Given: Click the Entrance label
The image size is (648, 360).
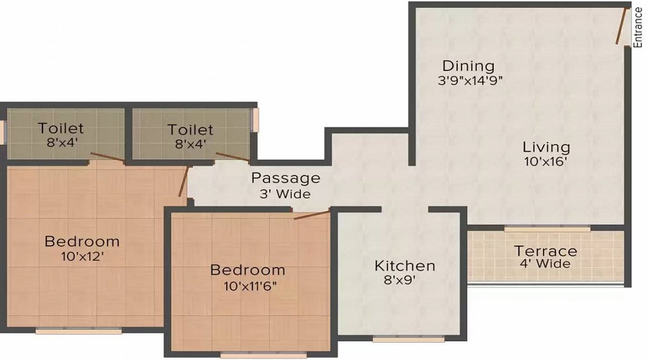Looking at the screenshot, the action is point(639,27).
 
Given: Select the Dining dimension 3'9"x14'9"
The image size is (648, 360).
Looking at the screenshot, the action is point(470,80).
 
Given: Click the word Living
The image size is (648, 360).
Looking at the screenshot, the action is point(546,147).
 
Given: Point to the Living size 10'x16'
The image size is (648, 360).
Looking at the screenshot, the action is point(546,161).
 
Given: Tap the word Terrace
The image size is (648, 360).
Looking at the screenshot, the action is point(546,251).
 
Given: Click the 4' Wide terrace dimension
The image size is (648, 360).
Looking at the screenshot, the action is point(545,264).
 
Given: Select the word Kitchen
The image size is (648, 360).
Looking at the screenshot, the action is point(405,266).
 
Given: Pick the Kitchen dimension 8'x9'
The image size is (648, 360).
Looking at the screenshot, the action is point(400,280).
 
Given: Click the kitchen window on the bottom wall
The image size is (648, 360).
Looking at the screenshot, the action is point(408,339).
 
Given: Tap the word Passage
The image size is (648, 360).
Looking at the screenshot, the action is point(286,179).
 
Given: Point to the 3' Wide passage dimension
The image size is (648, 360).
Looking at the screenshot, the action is point(285,194).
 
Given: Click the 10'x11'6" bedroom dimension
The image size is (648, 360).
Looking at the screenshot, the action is point(251,286).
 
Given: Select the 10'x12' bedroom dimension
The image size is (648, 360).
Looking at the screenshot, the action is point(82,256).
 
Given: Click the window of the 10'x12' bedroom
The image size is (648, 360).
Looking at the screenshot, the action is point(78,330).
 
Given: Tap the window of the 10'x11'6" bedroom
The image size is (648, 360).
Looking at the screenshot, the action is point(264,355).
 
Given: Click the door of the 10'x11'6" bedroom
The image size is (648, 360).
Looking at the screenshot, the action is point(312,215).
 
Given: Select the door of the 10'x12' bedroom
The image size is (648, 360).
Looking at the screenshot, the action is point(184,181).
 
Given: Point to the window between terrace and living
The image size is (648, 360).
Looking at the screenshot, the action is point(547,228).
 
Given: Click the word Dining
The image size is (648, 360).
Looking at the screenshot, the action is point(468,66).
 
